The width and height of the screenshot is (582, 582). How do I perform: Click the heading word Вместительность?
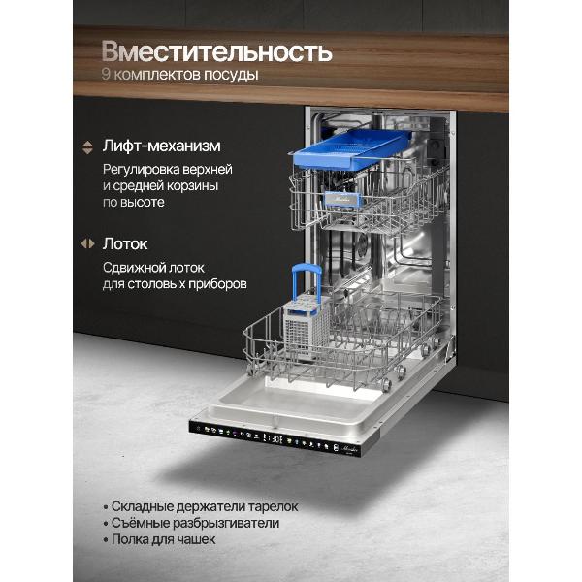click(216, 50)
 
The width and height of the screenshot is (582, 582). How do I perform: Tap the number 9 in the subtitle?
click(106, 76)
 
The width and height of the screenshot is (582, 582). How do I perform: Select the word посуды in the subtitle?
click(231, 76)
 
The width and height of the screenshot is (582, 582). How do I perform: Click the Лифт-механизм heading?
click(162, 146)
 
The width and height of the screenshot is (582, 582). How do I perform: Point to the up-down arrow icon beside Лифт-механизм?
click(87, 146)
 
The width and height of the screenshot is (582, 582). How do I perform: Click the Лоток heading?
click(125, 243)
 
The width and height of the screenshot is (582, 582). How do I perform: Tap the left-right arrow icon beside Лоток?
click(87, 243)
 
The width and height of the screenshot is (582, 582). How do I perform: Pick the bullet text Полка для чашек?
click(163, 539)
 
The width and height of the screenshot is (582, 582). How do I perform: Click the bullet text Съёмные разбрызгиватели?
click(194, 523)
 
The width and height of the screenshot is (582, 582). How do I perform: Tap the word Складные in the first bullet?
click(144, 506)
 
